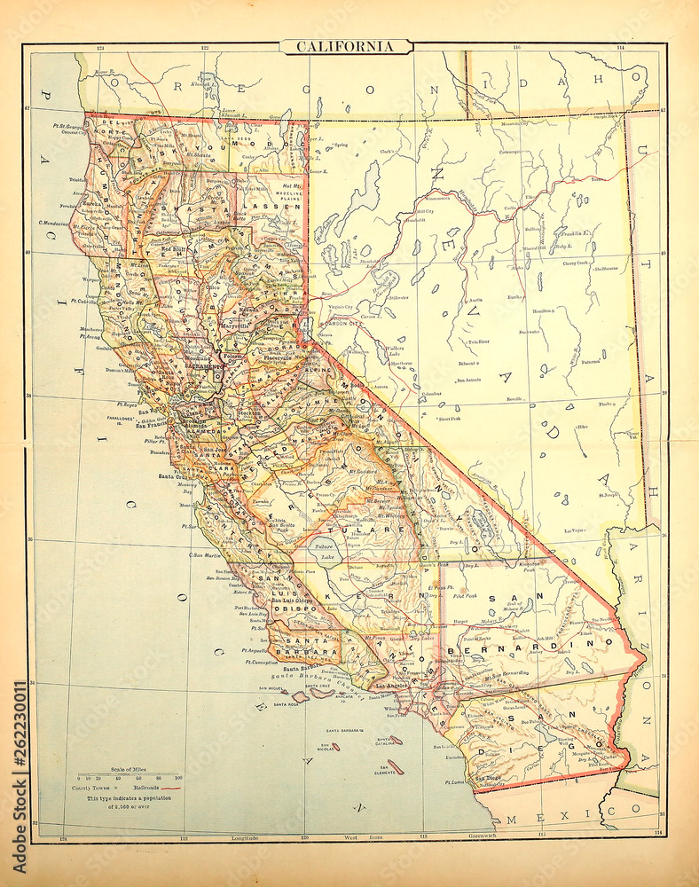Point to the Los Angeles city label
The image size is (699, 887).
393,686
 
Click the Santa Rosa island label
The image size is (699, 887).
287,703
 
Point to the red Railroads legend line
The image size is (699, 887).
167,787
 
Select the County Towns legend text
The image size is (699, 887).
91,787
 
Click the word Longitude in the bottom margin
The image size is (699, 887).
245,837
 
